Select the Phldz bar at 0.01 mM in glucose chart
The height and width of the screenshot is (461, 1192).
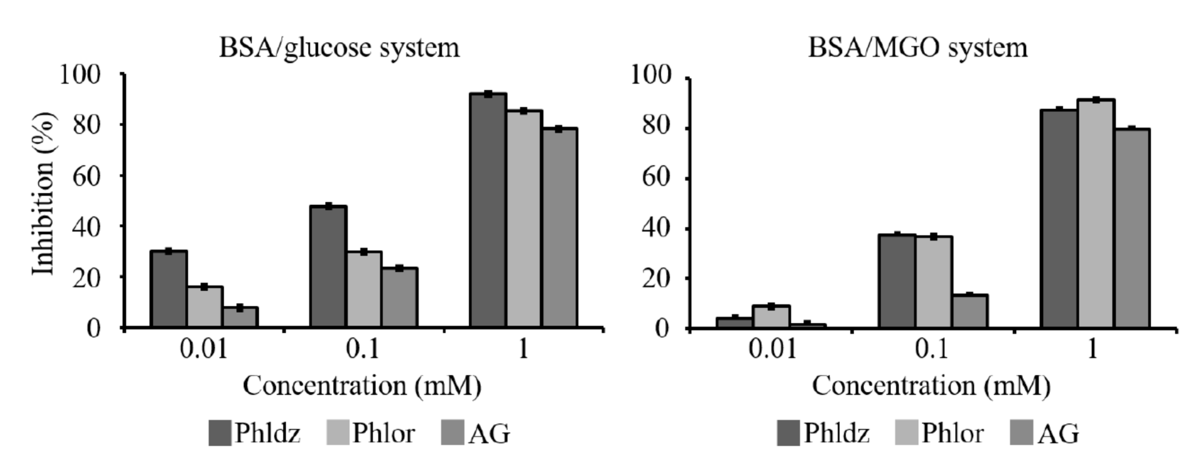click(168, 289)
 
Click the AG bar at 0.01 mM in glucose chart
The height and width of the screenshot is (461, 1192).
click(240, 318)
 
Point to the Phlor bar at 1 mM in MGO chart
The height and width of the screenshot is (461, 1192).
click(1096, 214)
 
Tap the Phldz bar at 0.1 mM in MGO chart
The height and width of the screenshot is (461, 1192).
click(896, 281)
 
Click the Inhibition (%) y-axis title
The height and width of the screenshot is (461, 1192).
click(44, 194)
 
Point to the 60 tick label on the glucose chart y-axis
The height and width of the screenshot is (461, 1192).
click(87, 176)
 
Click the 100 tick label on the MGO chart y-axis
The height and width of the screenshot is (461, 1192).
click(651, 75)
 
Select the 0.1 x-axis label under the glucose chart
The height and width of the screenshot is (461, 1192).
click(363, 349)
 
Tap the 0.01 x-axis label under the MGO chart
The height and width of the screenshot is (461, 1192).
click(772, 349)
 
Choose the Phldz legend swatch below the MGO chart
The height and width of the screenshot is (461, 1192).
click(788, 433)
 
